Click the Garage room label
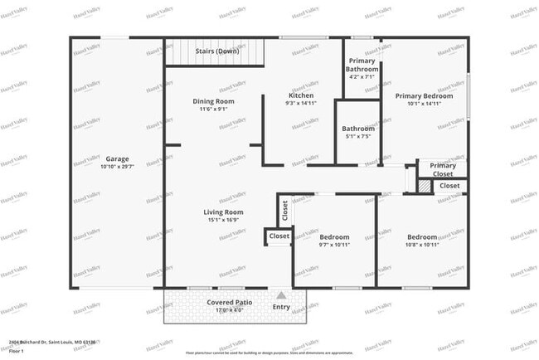point(117,158)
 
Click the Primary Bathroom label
point(362,65)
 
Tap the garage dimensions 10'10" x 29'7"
point(117,167)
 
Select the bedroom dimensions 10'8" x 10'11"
point(421,245)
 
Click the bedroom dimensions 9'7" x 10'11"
point(334,245)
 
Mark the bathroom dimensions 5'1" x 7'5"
point(358,137)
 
